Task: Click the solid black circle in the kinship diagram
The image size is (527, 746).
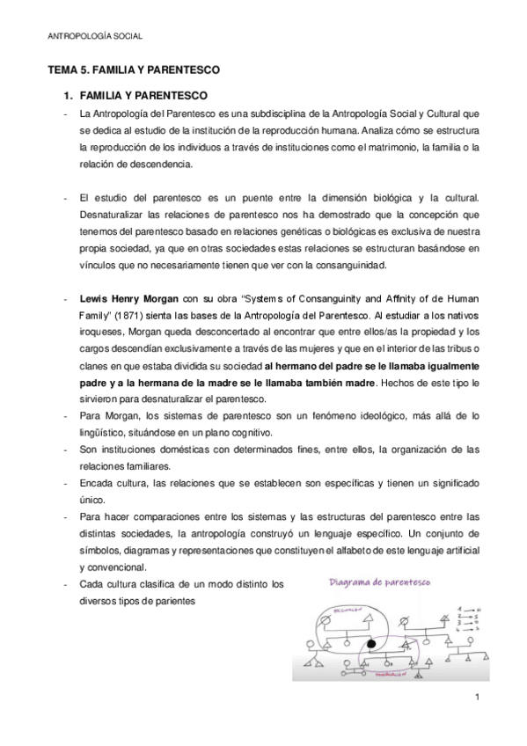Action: tap(371, 644)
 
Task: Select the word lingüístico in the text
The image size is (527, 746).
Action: tap(104, 433)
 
